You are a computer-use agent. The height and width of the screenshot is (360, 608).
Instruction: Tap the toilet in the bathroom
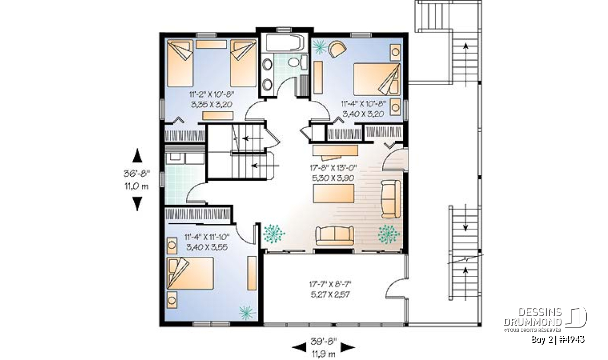[298, 62]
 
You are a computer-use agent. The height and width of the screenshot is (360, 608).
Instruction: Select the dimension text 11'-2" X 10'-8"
[212, 94]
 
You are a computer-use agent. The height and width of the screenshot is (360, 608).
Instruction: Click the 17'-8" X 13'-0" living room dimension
[333, 168]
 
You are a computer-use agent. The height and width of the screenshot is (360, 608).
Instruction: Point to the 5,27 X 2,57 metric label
[330, 294]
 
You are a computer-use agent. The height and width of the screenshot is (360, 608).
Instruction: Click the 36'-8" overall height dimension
[137, 173]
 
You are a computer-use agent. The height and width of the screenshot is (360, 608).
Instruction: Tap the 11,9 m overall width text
[324, 354]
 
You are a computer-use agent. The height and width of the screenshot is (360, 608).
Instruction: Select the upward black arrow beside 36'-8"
[137, 155]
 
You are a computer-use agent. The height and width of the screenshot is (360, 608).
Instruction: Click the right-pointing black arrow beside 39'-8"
[348, 347]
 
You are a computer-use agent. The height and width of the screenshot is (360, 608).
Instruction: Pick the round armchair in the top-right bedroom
[337, 49]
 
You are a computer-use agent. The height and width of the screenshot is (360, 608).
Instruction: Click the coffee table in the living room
[333, 193]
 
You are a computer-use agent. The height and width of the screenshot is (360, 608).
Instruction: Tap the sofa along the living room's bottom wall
[335, 235]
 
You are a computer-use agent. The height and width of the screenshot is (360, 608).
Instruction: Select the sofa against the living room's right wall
[391, 199]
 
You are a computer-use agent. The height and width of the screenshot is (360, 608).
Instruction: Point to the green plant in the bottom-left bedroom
[247, 312]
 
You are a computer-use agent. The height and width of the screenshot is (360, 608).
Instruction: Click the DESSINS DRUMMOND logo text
[533, 317]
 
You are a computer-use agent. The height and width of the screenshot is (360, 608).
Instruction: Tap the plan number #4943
[574, 340]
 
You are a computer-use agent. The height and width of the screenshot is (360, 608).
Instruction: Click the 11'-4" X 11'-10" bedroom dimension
[207, 237]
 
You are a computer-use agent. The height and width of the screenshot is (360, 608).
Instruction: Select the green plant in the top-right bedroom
[320, 47]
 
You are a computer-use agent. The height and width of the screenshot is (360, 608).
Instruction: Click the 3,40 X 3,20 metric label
[363, 113]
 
